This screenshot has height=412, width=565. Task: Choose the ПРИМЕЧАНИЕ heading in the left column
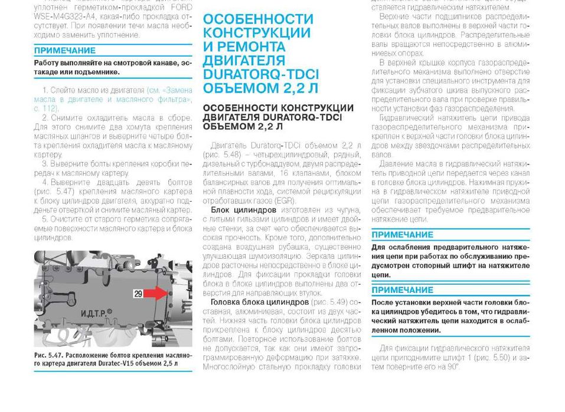click(64, 51)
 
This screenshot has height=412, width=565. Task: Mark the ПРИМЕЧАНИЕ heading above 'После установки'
click(402, 290)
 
